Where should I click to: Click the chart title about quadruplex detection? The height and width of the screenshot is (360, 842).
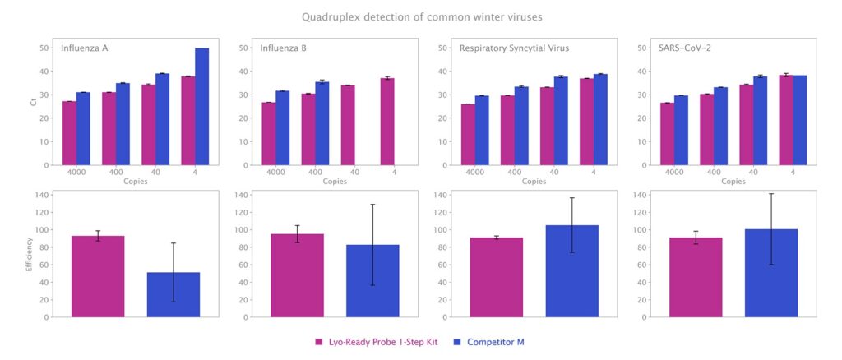[421, 16]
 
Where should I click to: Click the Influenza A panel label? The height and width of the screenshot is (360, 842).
[85, 48]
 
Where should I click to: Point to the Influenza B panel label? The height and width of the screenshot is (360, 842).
[284, 48]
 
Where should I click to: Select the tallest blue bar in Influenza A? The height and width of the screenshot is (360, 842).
[201, 107]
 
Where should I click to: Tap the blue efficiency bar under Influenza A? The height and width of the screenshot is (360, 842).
[173, 294]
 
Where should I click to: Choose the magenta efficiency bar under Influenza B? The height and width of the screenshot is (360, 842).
[297, 275]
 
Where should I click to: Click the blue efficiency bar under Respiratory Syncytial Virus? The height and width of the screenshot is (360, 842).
[571, 271]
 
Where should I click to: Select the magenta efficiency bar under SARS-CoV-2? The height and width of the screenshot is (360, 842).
[696, 277]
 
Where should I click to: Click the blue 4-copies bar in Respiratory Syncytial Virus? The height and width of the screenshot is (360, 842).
[600, 119]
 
